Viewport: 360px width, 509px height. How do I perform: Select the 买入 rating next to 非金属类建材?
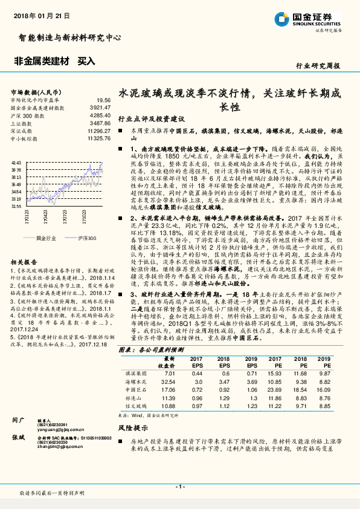coord(86,61)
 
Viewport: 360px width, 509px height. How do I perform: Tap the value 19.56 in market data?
coord(103,100)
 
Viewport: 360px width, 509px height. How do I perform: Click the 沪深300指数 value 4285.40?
coord(99,115)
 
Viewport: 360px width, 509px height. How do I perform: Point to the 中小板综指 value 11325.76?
coord(98,138)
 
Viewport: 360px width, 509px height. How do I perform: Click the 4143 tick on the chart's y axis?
coord(16,163)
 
